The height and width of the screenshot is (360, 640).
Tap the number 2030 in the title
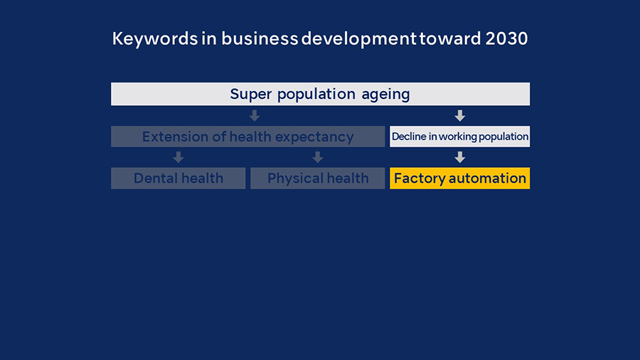506,39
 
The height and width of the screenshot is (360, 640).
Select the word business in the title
260,38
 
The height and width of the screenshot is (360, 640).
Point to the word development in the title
359,39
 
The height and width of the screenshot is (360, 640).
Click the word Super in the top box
250,95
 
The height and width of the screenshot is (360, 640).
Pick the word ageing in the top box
385,95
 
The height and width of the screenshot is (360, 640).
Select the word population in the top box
316,95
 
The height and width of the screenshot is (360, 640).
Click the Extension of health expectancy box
247,137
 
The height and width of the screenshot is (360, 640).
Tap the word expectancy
314,137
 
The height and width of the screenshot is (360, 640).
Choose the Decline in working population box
459,137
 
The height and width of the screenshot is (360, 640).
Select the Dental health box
178,179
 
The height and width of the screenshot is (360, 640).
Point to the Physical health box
318,179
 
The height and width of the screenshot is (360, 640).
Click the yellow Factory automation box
459,179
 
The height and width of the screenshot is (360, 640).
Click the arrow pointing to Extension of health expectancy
255,115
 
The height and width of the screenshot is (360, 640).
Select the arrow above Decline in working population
460,115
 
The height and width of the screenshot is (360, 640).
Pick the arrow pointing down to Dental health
178,157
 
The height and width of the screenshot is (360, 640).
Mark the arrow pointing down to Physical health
318,157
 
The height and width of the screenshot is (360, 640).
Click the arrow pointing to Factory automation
460,157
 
